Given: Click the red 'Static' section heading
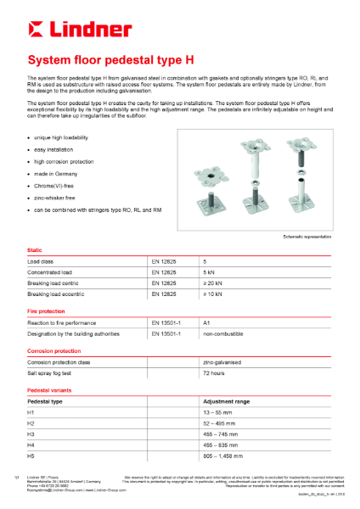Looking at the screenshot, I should [x=37, y=251].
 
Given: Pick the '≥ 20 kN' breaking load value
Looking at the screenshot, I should [x=212, y=283].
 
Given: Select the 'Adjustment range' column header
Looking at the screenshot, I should [x=225, y=401].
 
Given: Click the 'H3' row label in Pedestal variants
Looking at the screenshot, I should [x=31, y=433].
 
